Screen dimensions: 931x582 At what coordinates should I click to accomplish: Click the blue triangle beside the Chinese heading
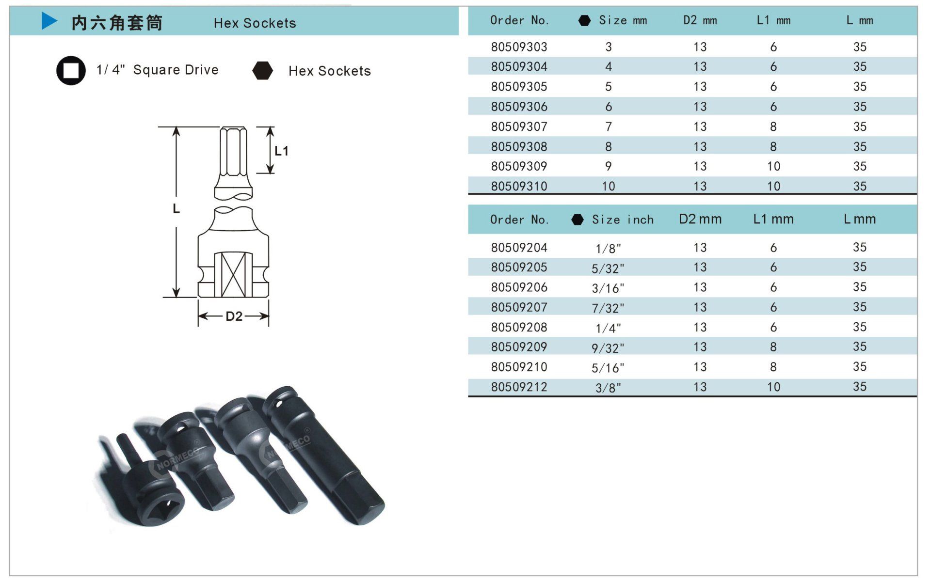[49, 21]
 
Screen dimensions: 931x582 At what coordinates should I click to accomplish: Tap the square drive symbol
[71, 71]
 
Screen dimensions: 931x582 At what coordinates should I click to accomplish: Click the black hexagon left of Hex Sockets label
[263, 70]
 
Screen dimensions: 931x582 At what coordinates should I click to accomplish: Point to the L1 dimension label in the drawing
[281, 151]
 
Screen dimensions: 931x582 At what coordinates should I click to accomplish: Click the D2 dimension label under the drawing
[234, 316]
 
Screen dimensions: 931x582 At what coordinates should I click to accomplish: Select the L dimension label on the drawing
[176, 209]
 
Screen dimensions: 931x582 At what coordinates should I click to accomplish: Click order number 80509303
[519, 47]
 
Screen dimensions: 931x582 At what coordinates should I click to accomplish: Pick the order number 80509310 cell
[519, 186]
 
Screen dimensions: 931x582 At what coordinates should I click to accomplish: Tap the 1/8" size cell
[608, 248]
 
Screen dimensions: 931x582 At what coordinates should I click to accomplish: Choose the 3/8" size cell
[608, 388]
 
